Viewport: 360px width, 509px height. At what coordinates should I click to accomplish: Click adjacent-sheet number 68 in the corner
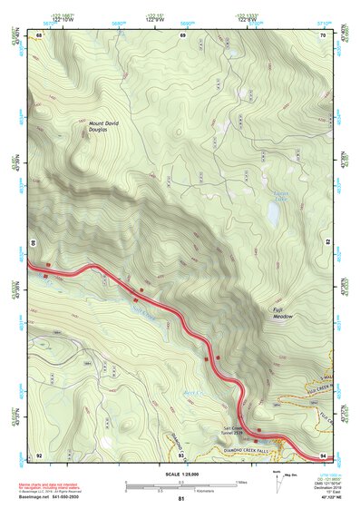coord(39,35)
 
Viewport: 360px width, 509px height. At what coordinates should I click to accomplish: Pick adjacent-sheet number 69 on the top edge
coord(181,35)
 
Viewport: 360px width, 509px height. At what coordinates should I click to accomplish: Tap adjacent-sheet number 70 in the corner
coord(322,35)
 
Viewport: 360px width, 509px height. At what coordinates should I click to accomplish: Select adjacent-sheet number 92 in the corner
coord(39,455)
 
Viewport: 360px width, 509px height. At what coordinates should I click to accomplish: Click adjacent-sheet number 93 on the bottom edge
coord(181,455)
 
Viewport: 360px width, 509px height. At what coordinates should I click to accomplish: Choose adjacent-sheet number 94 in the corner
coord(322,455)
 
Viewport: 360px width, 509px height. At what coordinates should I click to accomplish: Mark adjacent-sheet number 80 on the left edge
coord(35,243)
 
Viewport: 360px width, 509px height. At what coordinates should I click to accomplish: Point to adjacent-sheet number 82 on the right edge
coord(326,243)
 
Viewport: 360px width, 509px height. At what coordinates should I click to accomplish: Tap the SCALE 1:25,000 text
coord(180,473)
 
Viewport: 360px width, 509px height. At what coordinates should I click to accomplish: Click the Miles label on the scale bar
coord(240,481)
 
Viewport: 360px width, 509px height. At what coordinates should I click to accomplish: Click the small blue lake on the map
coord(273,213)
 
